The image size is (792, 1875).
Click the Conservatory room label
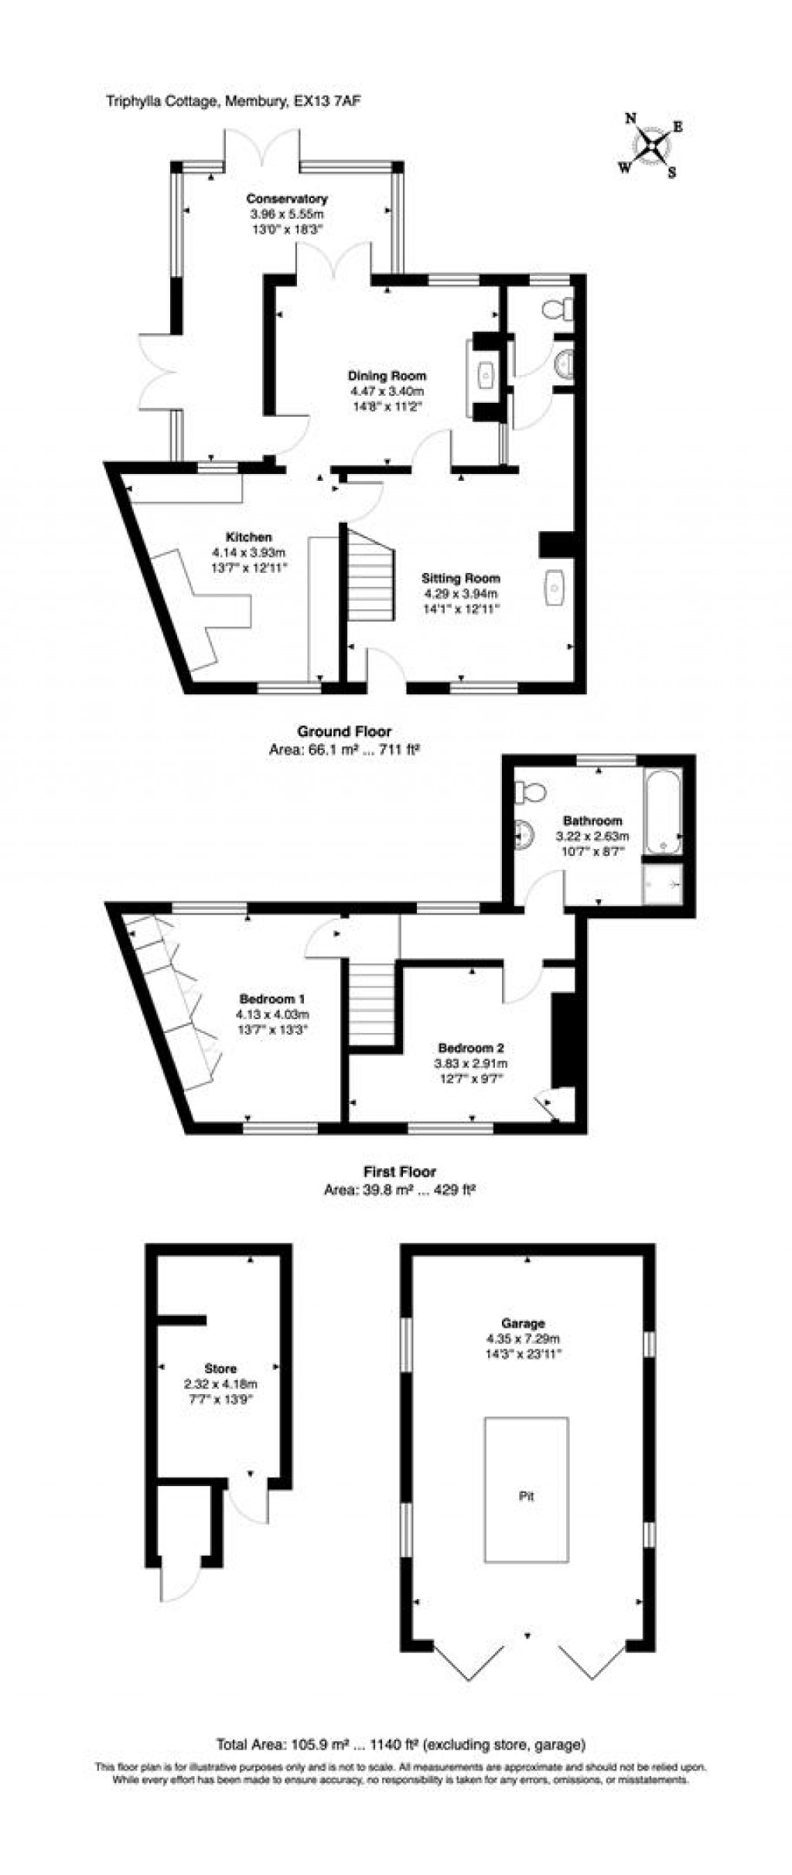[x=286, y=199]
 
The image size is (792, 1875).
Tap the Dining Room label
[x=386, y=376]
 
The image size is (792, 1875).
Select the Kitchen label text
[x=248, y=537]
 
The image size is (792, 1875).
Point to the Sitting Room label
[x=460, y=578]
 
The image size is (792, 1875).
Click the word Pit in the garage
[x=526, y=1496]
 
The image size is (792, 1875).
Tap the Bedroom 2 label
[x=471, y=1048]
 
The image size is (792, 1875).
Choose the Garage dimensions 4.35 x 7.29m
[x=523, y=1338]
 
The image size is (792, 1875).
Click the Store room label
[x=220, y=1369]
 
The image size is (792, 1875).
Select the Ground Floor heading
[x=344, y=731]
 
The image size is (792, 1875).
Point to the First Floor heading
[x=400, y=1171]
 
